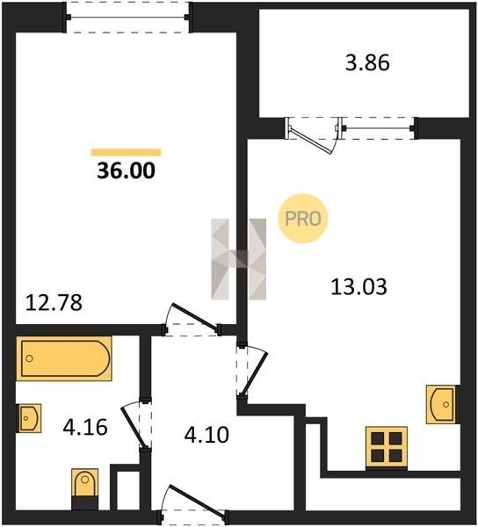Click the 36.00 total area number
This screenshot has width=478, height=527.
pyautogui.click(x=126, y=170)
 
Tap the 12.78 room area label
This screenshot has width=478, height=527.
pyautogui.click(x=54, y=302)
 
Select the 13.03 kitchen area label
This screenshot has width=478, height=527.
pyautogui.click(x=358, y=287)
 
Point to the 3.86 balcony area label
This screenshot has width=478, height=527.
pyautogui.click(x=367, y=63)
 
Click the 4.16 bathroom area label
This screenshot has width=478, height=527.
pyautogui.click(x=85, y=427)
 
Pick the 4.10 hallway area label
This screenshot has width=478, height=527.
pyautogui.click(x=206, y=435)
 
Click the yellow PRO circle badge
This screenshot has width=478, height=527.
pyautogui.click(x=303, y=219)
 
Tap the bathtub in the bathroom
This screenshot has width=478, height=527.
pyautogui.click(x=64, y=358)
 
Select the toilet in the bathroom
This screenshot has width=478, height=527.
pyautogui.click(x=84, y=489)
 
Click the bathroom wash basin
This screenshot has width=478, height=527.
pyautogui.click(x=29, y=418)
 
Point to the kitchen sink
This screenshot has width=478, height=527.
pyautogui.click(x=443, y=404)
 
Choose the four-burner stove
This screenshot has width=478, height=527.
pyautogui.click(x=387, y=448)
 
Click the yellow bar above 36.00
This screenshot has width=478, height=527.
pyautogui.click(x=126, y=152)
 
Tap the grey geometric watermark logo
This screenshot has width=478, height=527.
pyautogui.click(x=239, y=259)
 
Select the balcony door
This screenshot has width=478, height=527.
pyautogui.click(x=312, y=134)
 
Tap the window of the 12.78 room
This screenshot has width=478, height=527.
pyautogui.click(x=127, y=18)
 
